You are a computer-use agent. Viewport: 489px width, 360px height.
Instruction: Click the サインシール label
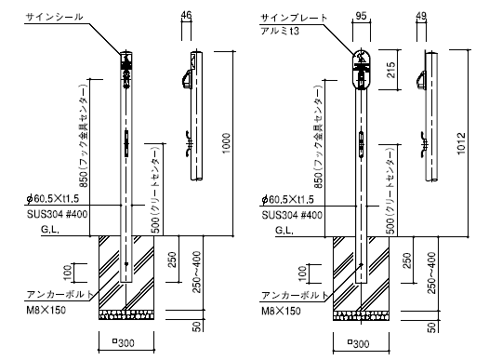point(54,17)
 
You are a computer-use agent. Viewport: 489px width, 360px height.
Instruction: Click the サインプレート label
point(294,18)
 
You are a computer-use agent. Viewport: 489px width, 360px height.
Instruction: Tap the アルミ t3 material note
point(280,31)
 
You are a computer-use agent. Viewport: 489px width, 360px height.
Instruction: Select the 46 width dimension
point(186,15)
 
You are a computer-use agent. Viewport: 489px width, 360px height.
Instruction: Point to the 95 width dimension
point(361,16)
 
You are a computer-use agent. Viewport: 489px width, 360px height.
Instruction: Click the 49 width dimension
point(421,16)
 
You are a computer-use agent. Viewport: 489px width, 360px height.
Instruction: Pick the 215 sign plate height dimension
point(390,70)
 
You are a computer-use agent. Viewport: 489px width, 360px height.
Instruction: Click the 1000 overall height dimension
point(226,143)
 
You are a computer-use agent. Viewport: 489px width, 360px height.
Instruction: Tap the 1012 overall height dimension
point(461,144)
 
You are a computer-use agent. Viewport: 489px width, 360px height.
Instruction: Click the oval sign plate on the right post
point(361,70)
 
